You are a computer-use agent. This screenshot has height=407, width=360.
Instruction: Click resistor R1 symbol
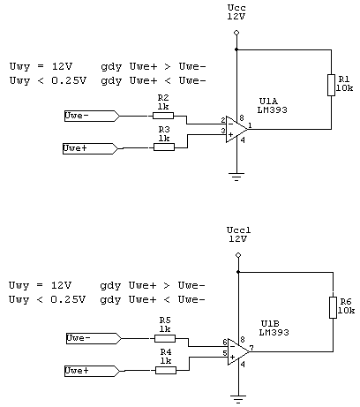pyautogui.click(x=331, y=86)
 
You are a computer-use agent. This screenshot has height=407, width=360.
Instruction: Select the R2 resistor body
pyautogui.click(x=163, y=116)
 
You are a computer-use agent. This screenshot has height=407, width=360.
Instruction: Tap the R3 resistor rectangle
pyautogui.click(x=164, y=147)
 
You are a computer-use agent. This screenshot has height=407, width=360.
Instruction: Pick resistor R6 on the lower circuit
pyautogui.click(x=333, y=307)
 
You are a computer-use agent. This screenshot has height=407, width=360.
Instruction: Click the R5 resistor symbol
pyautogui.click(x=165, y=338)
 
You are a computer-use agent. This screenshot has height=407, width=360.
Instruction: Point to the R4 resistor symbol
pyautogui.click(x=166, y=370)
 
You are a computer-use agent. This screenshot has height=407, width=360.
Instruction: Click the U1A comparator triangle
pyautogui.click(x=236, y=129)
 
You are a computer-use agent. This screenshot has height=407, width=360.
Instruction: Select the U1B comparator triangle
pyautogui.click(x=238, y=351)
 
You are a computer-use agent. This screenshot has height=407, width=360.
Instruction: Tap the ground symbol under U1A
pyautogui.click(x=236, y=177)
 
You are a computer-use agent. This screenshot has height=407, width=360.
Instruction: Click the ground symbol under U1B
pyautogui.click(x=238, y=399)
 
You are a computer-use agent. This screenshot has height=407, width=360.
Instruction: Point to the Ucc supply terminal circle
pyautogui.click(x=236, y=33)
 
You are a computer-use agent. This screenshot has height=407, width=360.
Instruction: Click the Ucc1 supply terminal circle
pyautogui.click(x=238, y=255)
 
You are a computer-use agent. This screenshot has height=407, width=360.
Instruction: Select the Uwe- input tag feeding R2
pyautogui.click(x=92, y=116)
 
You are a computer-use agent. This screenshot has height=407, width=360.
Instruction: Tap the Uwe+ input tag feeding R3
pyautogui.click(x=90, y=148)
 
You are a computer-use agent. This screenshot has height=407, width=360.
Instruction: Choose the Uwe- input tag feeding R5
pyautogui.click(x=94, y=338)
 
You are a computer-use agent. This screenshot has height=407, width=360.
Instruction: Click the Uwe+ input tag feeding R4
pyautogui.click(x=92, y=371)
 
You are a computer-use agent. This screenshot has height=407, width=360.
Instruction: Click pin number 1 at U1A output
pyautogui.click(x=250, y=125)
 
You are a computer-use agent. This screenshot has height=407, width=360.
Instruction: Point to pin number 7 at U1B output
pyautogui.click(x=251, y=349)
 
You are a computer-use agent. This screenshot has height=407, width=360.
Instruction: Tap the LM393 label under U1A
pyautogui.click(x=273, y=110)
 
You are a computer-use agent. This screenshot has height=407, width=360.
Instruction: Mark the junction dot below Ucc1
pyautogui.click(x=238, y=272)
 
